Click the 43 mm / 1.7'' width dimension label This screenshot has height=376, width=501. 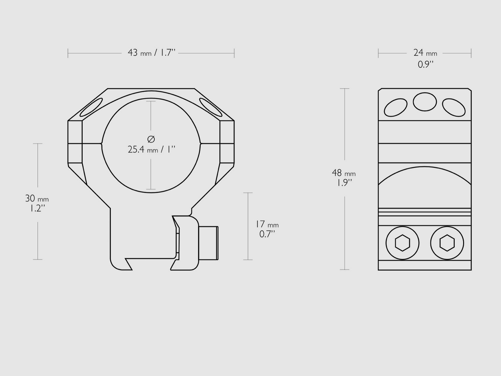pyautogui.click(x=151, y=53)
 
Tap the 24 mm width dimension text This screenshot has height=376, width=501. pyautogui.click(x=425, y=53)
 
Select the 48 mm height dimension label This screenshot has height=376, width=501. pyautogui.click(x=343, y=173)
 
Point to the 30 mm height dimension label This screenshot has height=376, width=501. pyautogui.click(x=37, y=199)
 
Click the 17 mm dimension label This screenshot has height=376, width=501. pyautogui.click(x=267, y=224)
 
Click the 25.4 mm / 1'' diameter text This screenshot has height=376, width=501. pyautogui.click(x=151, y=149)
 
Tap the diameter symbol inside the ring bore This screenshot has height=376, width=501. pyautogui.click(x=151, y=139)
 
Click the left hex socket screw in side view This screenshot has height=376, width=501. pyautogui.click(x=402, y=243)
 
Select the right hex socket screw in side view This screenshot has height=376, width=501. pyautogui.click(x=447, y=243)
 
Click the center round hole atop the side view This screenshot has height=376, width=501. pyautogui.click(x=425, y=102)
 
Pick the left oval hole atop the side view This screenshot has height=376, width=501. pyautogui.click(x=395, y=107)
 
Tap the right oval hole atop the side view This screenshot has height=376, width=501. pyautogui.click(x=454, y=107)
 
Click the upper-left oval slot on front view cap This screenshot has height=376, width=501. pyautogui.click(x=91, y=107)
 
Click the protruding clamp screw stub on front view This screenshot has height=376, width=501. pyautogui.click(x=209, y=243)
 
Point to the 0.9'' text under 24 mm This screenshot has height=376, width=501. pyautogui.click(x=426, y=65)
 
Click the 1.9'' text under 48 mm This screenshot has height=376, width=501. pyautogui.click(x=344, y=183)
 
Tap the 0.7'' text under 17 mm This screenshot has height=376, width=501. pyautogui.click(x=267, y=234)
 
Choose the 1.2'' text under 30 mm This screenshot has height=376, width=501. pyautogui.click(x=36, y=208)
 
